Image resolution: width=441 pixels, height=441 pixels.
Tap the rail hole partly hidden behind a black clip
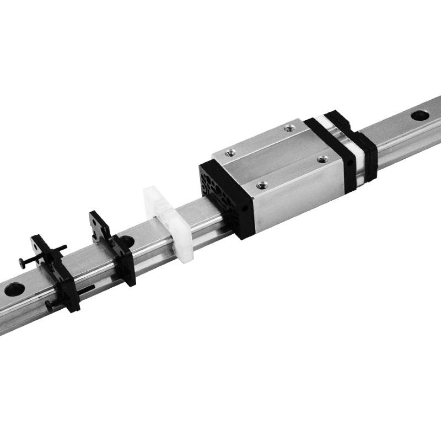126,241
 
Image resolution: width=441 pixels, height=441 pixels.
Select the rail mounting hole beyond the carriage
420,115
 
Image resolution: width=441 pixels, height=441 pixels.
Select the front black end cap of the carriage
223,196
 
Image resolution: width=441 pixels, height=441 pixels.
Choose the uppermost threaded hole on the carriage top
288,128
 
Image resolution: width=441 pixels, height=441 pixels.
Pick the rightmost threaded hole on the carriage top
322,159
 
